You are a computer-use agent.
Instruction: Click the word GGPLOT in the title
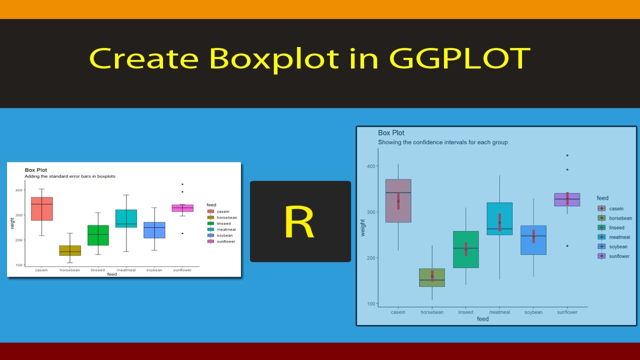(458, 59)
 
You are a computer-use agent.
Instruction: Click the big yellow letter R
(299, 222)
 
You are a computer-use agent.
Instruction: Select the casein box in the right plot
(398, 200)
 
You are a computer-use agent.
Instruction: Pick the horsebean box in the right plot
(432, 277)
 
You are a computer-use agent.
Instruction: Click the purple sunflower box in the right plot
(567, 199)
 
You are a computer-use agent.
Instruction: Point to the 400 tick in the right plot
(370, 166)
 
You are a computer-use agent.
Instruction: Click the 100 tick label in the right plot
(370, 304)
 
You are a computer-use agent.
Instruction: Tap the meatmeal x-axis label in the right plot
(499, 312)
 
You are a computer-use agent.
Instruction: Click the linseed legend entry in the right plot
(616, 228)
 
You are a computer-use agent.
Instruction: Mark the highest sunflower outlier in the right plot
(567, 155)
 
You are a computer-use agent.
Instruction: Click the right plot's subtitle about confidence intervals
(442, 142)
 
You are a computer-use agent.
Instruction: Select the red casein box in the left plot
(42, 209)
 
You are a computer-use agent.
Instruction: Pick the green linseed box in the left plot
(98, 235)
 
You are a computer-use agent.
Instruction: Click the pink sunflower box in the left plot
(182, 208)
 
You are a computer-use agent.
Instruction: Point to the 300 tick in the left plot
(19, 215)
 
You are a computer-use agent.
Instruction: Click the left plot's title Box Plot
(36, 170)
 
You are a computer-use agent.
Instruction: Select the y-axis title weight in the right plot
(363, 227)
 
